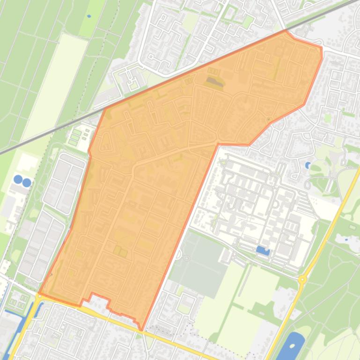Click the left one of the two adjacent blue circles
click(x=18, y=179)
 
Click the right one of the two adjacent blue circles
click(x=27, y=182)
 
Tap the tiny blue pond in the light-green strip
click(x=89, y=16)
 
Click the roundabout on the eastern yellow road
click(x=302, y=280)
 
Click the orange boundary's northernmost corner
click(x=286, y=31)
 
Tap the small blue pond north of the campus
click(x=308, y=165)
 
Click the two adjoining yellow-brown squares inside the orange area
click(x=120, y=252)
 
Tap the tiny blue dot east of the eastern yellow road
click(x=346, y=239)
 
